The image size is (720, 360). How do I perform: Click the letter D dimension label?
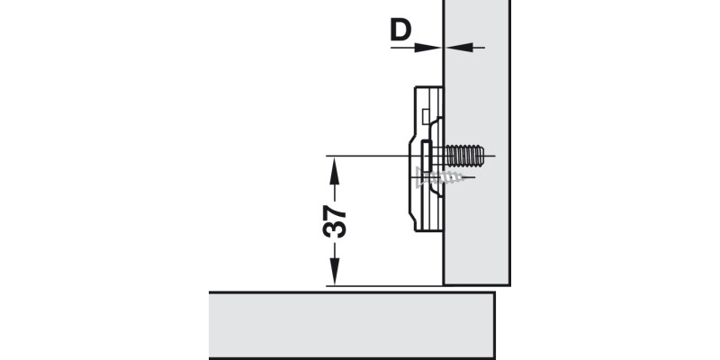[x=400, y=31]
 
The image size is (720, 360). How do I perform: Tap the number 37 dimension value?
[x=334, y=220]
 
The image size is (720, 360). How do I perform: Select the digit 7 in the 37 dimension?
[x=334, y=212]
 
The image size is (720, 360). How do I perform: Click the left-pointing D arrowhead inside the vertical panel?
[x=453, y=47]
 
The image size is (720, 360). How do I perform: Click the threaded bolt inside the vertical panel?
[x=463, y=157]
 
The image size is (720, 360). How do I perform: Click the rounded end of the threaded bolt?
[x=483, y=157]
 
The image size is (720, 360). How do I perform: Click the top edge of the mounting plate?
[x=427, y=86]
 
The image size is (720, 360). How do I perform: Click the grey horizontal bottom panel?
[x=351, y=324]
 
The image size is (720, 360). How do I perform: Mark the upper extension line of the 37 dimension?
[x=369, y=156]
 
